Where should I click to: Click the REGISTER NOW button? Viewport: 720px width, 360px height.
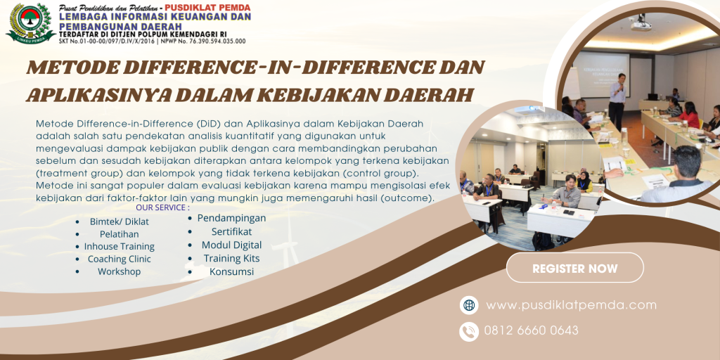575,268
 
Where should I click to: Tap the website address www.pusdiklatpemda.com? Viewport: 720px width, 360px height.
571,305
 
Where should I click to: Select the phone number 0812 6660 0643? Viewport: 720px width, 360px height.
532,330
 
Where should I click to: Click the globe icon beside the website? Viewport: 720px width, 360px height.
469,305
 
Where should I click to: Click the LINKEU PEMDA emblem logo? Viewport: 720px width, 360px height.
30,23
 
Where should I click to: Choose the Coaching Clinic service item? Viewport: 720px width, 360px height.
120,259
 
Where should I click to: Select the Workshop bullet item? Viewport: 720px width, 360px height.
120,271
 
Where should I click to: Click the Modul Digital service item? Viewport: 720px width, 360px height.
232,245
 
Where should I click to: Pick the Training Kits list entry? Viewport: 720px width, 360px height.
232,258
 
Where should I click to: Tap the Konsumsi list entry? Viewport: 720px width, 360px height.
232,271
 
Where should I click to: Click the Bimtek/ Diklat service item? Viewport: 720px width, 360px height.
120,221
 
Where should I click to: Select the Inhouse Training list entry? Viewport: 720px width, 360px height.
120,247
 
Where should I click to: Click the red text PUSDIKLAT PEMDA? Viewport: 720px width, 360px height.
207,7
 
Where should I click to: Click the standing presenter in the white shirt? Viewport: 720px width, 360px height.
617,102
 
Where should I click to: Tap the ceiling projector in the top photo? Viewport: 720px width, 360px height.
641,24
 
